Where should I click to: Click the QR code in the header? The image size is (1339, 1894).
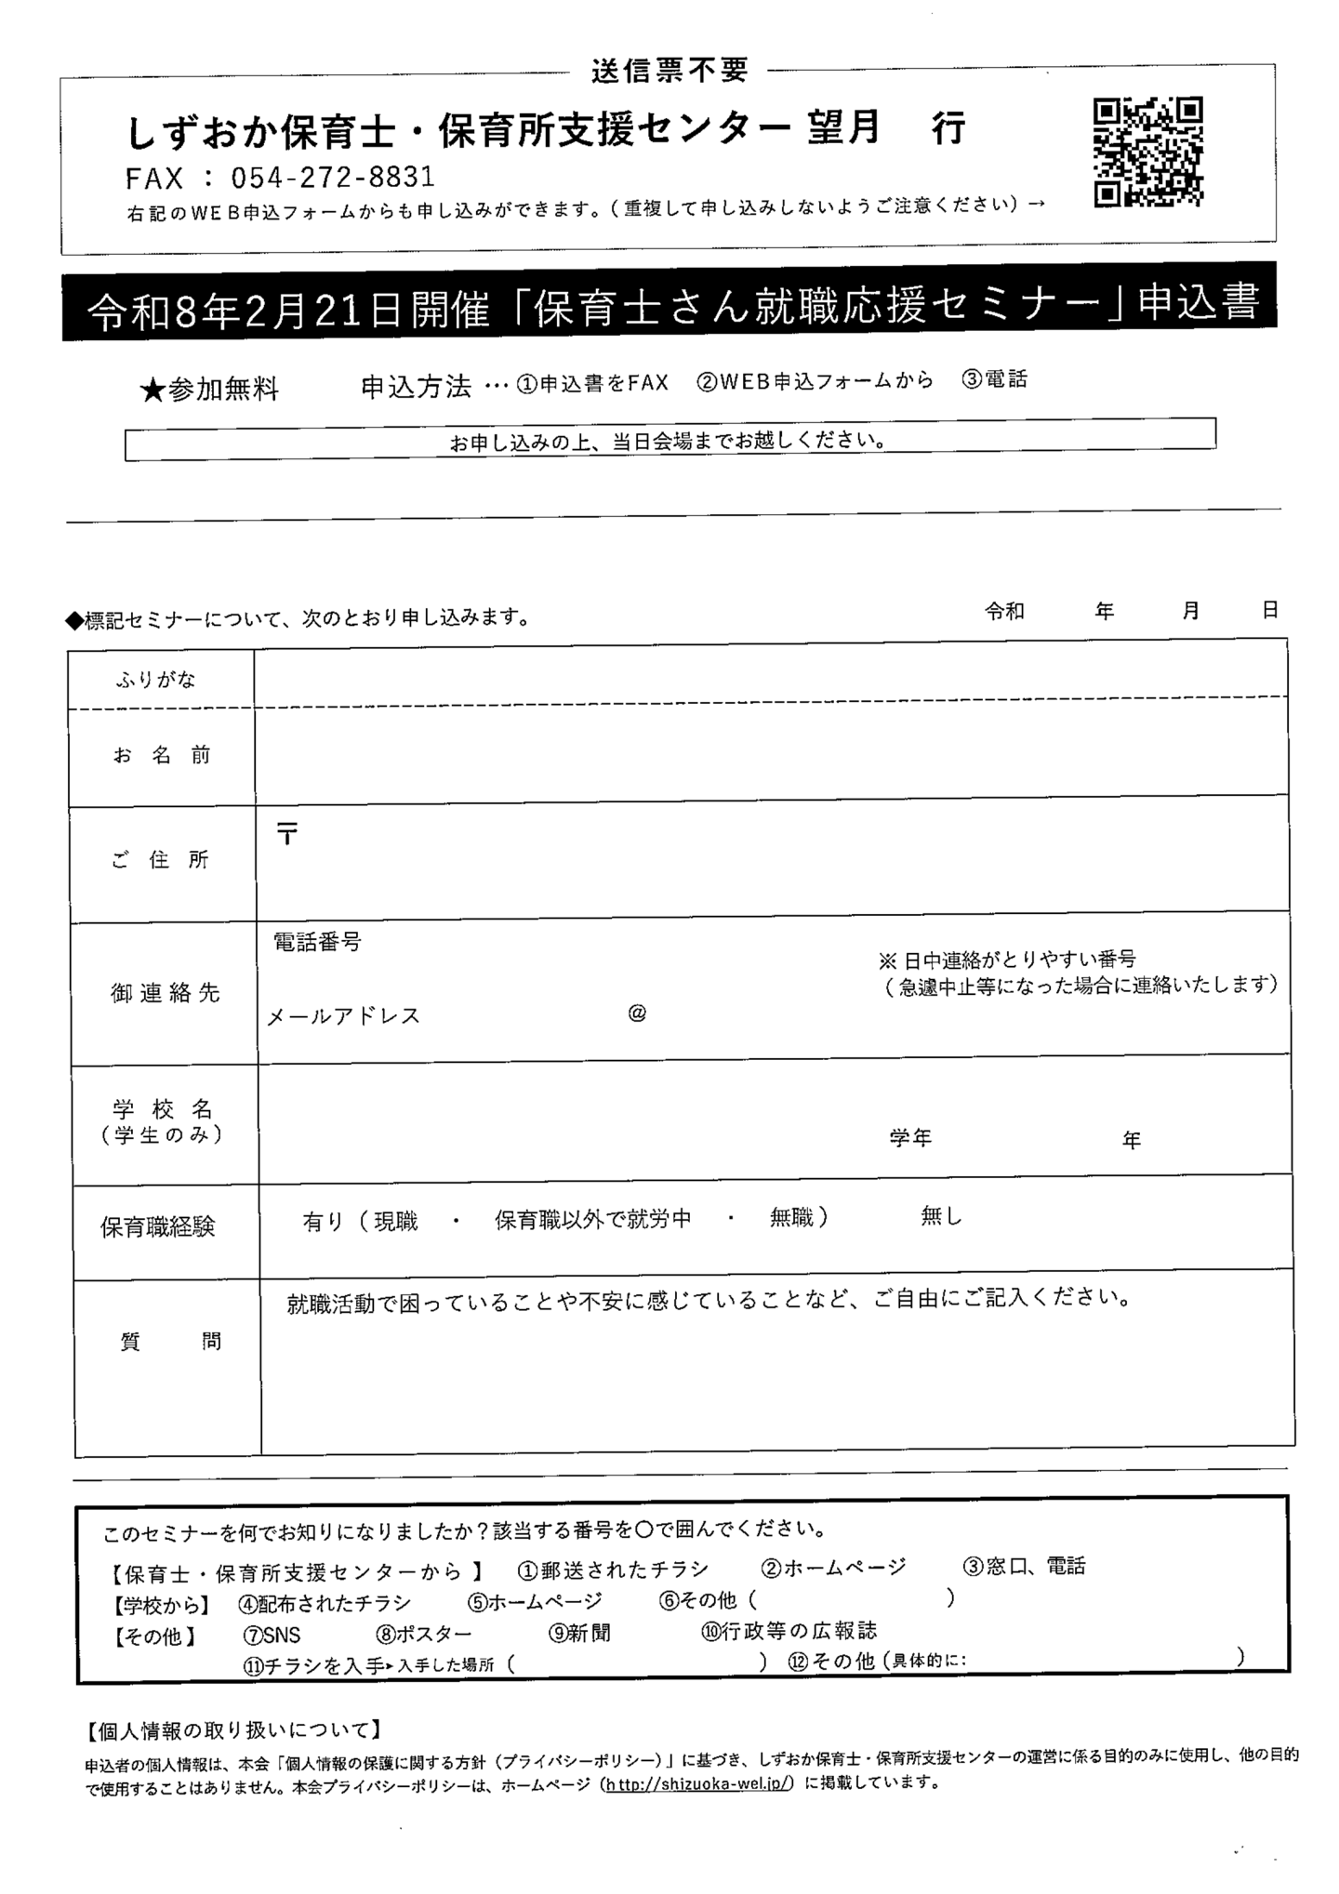(1147, 151)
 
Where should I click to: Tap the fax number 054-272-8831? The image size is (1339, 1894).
(332, 177)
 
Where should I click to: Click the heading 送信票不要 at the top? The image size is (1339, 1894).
(669, 70)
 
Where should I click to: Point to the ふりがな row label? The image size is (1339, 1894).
(156, 680)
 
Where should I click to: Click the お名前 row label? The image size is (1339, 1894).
(162, 755)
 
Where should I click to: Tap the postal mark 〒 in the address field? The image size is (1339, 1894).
(287, 834)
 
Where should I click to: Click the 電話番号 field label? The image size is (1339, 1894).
(317, 942)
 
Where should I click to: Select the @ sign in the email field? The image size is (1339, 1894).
(637, 1013)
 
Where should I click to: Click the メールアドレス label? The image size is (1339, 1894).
(344, 1016)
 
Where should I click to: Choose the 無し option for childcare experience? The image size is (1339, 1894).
(941, 1215)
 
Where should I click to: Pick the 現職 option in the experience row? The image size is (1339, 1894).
(395, 1221)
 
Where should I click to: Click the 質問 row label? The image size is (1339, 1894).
(170, 1341)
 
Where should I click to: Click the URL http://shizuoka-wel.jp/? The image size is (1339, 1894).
(698, 1783)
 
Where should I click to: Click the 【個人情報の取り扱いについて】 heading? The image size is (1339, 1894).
(232, 1729)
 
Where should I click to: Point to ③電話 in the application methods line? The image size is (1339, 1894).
(994, 379)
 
